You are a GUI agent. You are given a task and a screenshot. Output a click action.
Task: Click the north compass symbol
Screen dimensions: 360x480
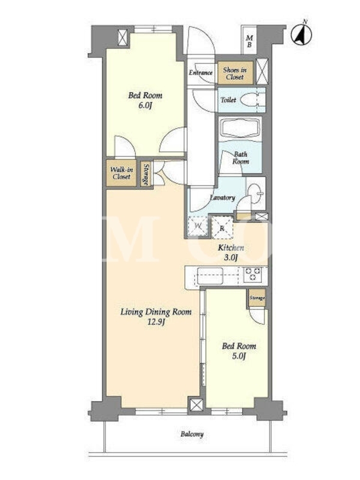(301, 34)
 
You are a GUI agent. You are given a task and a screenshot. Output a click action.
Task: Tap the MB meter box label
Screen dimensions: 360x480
(250, 41)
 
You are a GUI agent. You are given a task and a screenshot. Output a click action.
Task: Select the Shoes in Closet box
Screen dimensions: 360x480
(235, 73)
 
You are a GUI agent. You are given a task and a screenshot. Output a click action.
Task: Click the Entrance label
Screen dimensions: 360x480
(200, 73)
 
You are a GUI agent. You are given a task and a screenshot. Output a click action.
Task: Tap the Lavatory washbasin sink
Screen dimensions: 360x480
(255, 193)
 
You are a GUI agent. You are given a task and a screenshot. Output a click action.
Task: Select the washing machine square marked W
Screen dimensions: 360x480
(198, 227)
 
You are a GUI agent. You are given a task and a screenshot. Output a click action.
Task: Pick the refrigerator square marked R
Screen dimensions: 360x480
(222, 227)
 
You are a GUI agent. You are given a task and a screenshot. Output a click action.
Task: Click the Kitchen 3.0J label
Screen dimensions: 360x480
(231, 253)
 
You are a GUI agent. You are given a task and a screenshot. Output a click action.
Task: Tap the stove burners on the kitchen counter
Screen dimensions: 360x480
(253, 274)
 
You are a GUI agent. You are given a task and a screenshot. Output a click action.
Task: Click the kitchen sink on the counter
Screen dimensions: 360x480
(209, 276)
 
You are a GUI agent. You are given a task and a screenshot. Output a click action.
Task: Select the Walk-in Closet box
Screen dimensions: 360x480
(121, 173)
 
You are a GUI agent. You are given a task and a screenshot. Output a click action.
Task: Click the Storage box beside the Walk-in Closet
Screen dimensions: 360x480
(146, 174)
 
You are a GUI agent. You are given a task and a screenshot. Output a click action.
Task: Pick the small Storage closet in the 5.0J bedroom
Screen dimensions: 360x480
(257, 298)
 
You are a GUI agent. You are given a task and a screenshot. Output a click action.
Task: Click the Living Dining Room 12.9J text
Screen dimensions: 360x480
(156, 317)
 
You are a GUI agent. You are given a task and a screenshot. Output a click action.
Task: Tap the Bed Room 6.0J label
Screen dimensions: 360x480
(145, 100)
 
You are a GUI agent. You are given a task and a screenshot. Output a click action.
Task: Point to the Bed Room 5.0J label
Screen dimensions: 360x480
(239, 351)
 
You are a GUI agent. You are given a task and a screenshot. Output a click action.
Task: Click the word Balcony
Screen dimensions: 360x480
(192, 434)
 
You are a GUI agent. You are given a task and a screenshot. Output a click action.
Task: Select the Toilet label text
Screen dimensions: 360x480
(229, 100)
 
